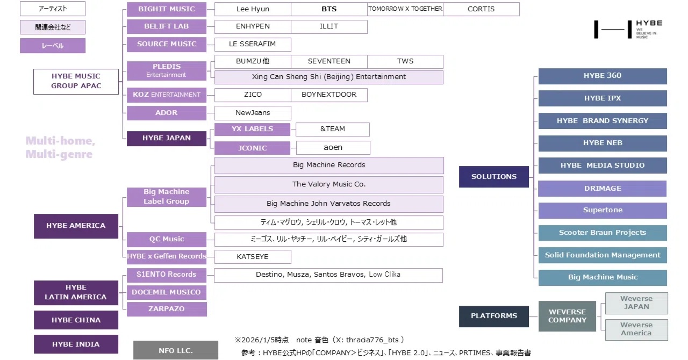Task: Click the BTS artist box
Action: (x=329, y=9)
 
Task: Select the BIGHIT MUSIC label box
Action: (x=167, y=9)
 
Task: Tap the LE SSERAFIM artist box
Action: (x=253, y=44)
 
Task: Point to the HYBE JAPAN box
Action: (x=167, y=139)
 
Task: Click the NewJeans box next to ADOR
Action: (x=253, y=113)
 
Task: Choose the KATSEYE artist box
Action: (x=253, y=257)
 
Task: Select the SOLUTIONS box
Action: (x=494, y=177)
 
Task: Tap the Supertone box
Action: (x=603, y=211)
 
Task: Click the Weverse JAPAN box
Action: (x=636, y=303)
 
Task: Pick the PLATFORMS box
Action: (x=494, y=316)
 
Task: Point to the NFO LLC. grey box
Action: (x=176, y=350)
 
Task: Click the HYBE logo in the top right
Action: (x=628, y=30)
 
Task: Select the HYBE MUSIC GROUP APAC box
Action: (x=76, y=81)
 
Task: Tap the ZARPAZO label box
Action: (x=167, y=309)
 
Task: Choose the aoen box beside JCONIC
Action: (x=333, y=148)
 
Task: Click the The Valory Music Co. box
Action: (x=329, y=185)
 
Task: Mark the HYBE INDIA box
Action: (x=76, y=344)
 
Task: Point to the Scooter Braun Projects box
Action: (x=603, y=233)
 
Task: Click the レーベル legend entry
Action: (x=53, y=46)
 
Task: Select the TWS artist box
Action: (x=405, y=62)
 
